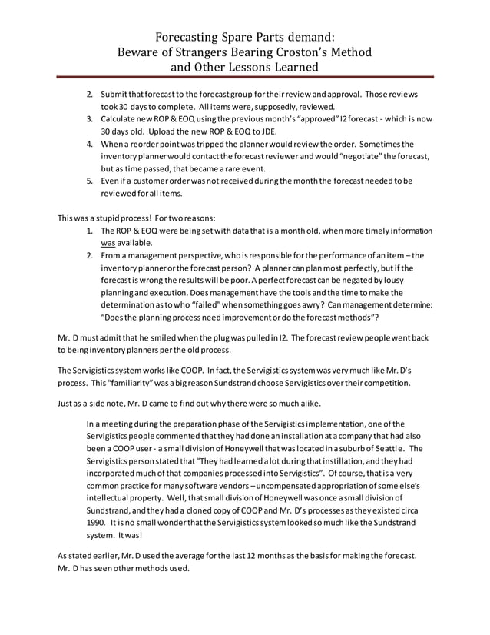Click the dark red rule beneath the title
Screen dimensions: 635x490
244,79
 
